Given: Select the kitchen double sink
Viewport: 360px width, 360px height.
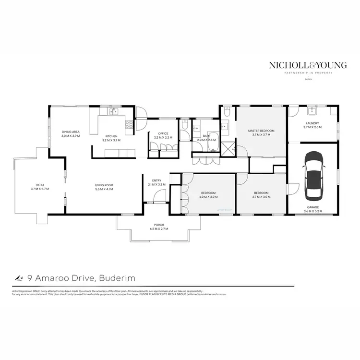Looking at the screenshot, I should (113, 112).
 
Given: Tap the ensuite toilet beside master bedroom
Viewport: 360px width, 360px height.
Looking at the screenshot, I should (227, 112).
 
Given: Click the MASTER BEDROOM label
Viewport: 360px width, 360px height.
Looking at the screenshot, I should (261, 131).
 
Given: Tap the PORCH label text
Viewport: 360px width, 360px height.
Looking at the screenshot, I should (159, 225).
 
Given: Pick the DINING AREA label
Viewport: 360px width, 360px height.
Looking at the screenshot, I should (70, 132).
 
